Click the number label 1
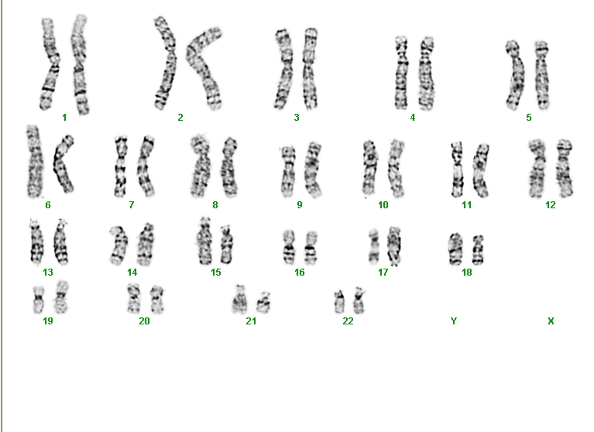click(64, 118)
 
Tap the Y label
click(454, 321)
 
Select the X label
click(551, 321)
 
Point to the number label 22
click(348, 321)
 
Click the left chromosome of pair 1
click(50, 64)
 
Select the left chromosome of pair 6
click(34, 162)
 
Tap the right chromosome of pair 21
click(263, 302)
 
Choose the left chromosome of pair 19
click(38, 300)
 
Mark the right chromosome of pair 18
click(478, 250)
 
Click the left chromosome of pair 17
click(373, 246)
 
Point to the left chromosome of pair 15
click(204, 242)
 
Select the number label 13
click(48, 273)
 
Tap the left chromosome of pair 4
click(401, 73)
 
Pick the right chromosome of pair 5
click(542, 75)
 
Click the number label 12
click(551, 205)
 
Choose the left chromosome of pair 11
click(457, 170)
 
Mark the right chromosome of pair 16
click(311, 248)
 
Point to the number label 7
click(132, 205)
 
